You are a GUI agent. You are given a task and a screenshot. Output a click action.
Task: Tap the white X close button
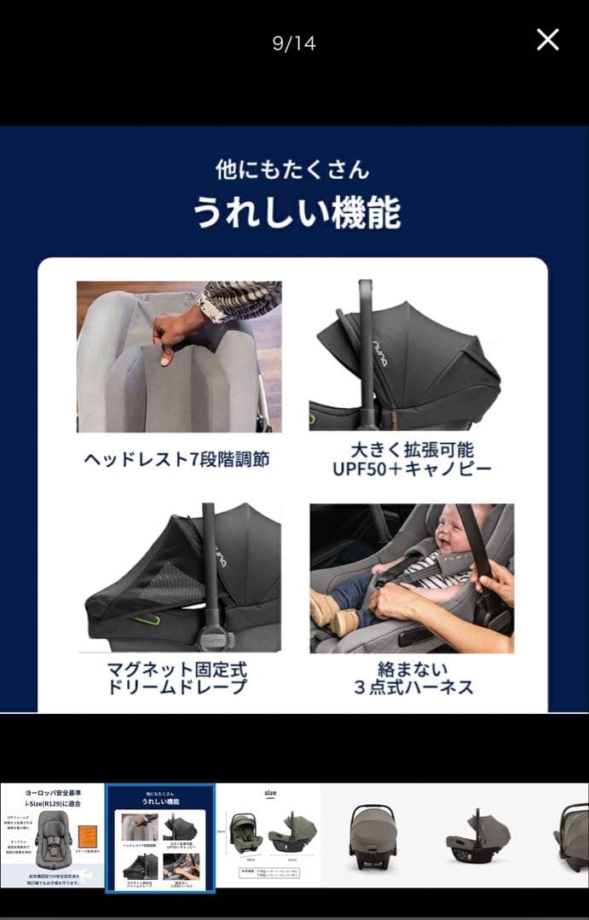(x=547, y=39)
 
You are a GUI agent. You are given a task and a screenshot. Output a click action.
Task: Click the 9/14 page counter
(x=294, y=43)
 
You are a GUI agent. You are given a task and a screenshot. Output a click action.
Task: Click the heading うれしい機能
(x=296, y=212)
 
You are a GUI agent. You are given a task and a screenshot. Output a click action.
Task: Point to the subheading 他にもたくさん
(x=292, y=170)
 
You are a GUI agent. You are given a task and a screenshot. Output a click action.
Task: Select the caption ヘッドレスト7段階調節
(x=176, y=460)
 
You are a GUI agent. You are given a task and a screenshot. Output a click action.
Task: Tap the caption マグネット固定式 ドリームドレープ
(x=176, y=678)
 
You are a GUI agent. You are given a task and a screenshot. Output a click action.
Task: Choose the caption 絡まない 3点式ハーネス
(x=413, y=678)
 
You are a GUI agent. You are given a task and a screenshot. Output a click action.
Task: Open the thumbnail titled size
(x=269, y=836)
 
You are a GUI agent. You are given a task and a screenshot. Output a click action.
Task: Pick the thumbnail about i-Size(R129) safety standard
(x=52, y=836)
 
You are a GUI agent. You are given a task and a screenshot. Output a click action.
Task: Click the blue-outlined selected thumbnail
(x=160, y=838)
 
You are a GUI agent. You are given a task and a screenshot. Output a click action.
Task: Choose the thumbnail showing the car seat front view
(x=372, y=836)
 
